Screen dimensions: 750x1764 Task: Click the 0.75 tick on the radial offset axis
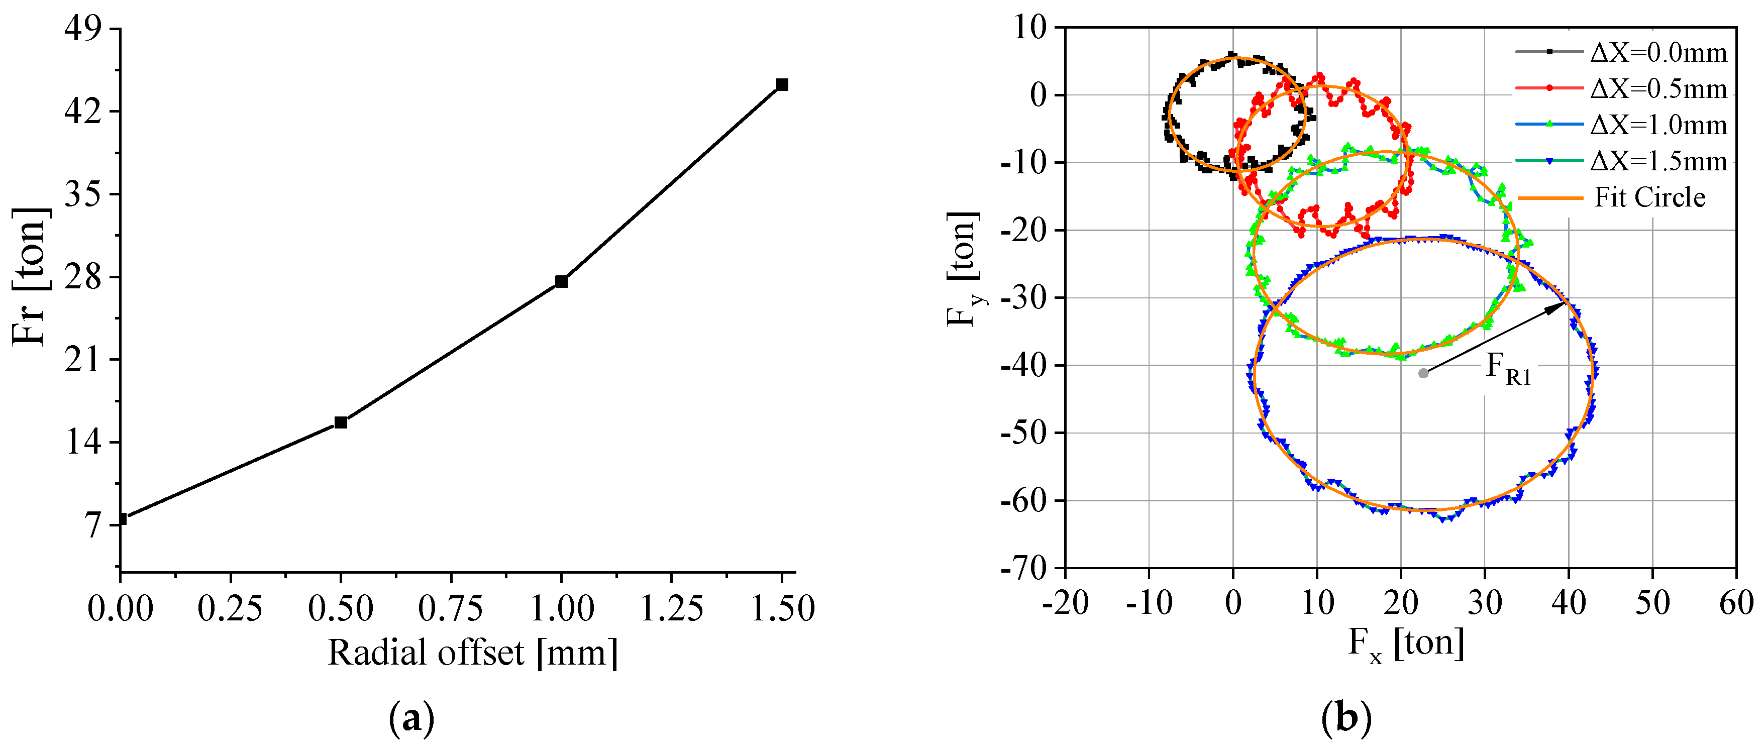point(451,607)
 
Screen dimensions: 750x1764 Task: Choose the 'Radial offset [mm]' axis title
point(472,652)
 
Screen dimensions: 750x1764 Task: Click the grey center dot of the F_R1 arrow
point(1423,373)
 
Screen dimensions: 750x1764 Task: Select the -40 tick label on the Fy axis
point(1024,365)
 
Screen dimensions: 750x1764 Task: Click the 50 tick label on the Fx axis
point(1652,603)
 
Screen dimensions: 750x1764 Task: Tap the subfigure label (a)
point(411,718)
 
